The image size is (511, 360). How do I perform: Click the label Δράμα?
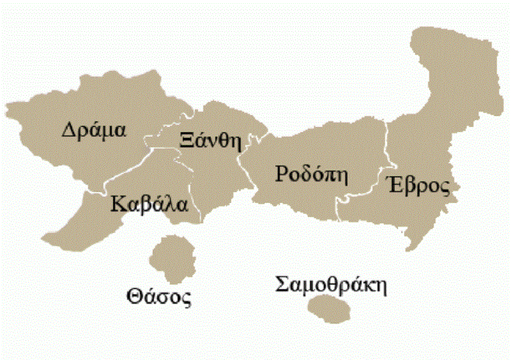[94, 130]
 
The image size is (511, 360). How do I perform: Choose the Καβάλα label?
[149, 205]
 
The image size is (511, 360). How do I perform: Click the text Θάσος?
[159, 297]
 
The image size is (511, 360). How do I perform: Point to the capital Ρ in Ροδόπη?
[282, 174]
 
